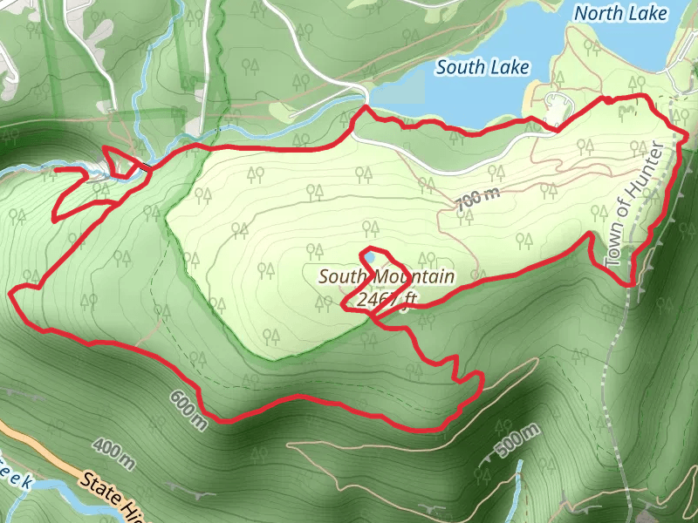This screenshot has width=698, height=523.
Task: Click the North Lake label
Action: pos(621,13)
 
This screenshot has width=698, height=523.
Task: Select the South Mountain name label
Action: pos(387,277)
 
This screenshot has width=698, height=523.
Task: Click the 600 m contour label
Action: pos(189,410)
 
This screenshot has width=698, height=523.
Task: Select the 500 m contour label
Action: pos(511,444)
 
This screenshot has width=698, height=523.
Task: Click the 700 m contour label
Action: pos(478,200)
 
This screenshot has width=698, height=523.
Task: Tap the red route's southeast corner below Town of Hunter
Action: pos(630,283)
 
